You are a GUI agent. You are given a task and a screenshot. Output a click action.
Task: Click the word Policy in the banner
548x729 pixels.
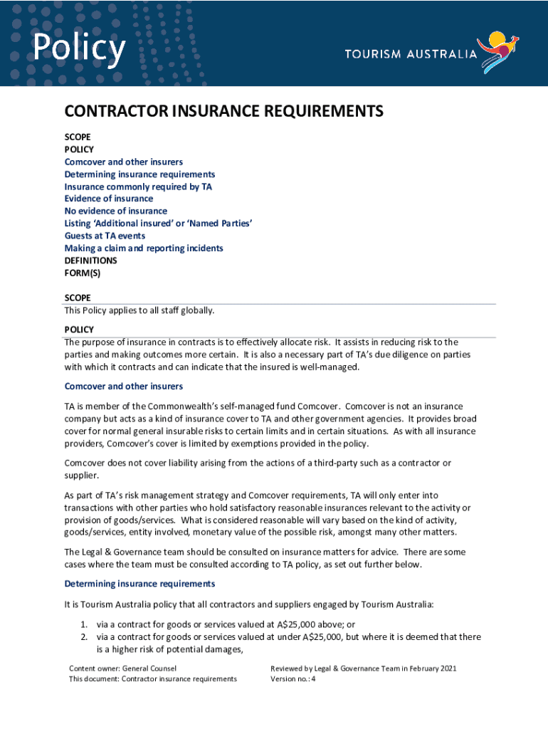coord(79,48)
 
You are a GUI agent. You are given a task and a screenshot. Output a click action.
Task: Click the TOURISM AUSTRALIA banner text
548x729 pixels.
coord(411,54)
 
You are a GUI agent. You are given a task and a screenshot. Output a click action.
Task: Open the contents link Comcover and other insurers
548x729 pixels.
coord(124,162)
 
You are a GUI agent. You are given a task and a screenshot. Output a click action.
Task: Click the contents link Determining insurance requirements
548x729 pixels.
coord(139,174)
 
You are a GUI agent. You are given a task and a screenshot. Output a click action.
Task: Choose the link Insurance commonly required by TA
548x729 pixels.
coord(138,187)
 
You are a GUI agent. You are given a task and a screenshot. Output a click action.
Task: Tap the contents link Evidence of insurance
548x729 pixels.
coord(109,199)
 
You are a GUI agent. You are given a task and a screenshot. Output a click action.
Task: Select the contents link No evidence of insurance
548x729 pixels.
coord(116,211)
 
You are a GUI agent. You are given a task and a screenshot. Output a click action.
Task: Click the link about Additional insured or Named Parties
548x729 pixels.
coord(159,224)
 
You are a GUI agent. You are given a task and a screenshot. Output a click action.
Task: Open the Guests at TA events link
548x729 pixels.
coord(105,236)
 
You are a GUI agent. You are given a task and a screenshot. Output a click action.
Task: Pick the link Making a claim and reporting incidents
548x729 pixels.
coord(144,248)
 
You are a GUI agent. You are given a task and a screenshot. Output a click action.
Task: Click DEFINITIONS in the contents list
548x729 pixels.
coord(90,261)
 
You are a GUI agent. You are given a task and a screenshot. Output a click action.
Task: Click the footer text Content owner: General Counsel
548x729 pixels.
coord(122,668)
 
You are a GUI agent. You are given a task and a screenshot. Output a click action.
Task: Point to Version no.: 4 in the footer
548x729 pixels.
coord(293,679)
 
